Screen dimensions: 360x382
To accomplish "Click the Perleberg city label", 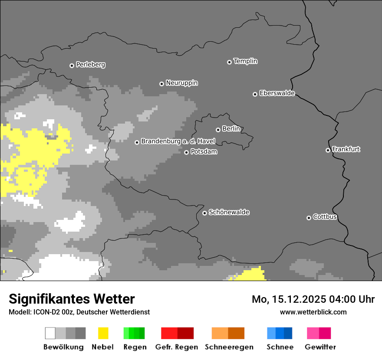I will point(90,65).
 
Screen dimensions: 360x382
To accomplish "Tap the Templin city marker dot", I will point(229,62).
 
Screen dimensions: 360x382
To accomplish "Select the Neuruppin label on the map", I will point(181,83).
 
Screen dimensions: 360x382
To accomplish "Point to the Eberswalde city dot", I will point(255,94).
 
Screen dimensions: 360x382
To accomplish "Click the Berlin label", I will point(231,129).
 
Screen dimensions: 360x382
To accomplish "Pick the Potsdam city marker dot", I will point(186,152).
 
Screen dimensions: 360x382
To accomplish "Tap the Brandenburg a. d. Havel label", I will point(178,141).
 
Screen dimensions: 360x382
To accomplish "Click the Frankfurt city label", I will point(346,149).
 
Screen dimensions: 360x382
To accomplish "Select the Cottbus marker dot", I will point(309,218).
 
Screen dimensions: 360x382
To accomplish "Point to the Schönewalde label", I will point(229,212).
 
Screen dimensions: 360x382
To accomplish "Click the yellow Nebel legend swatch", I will point(103,333).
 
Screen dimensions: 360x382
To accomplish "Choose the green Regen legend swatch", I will point(134,333).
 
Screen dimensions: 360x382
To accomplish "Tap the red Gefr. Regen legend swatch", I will point(177,333).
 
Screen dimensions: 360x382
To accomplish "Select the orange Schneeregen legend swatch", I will point(228,333).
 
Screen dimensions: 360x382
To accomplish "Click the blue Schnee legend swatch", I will point(280,333).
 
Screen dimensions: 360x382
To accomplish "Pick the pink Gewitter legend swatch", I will point(319,333).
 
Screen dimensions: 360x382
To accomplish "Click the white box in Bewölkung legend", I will point(50,333).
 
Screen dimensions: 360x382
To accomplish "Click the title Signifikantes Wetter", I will point(72,299).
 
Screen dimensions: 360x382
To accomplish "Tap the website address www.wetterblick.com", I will point(313,312).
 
